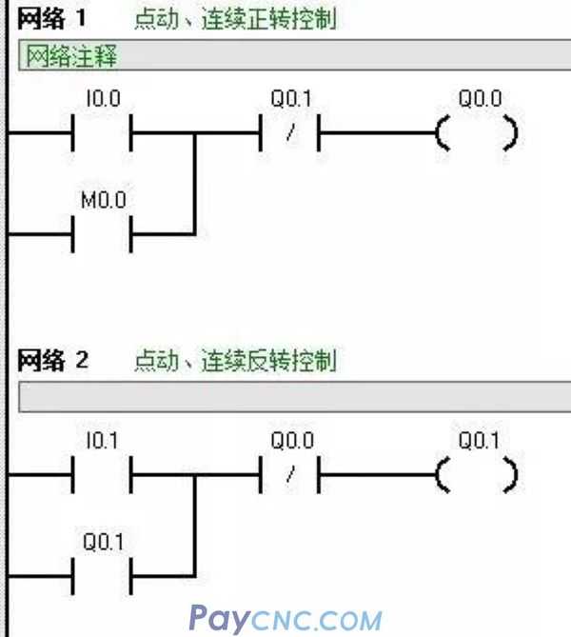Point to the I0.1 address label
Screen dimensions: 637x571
click(x=101, y=441)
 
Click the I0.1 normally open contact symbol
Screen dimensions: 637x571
click(x=102, y=473)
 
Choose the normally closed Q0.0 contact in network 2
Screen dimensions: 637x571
click(x=289, y=473)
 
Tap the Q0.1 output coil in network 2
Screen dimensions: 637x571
click(x=477, y=473)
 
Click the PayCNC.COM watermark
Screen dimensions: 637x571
click(x=285, y=619)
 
